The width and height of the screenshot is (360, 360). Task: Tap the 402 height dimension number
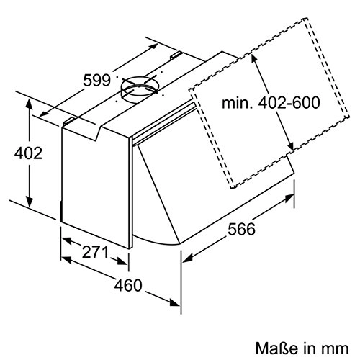coord(26,154)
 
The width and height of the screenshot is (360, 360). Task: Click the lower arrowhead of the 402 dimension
coord(29,204)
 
